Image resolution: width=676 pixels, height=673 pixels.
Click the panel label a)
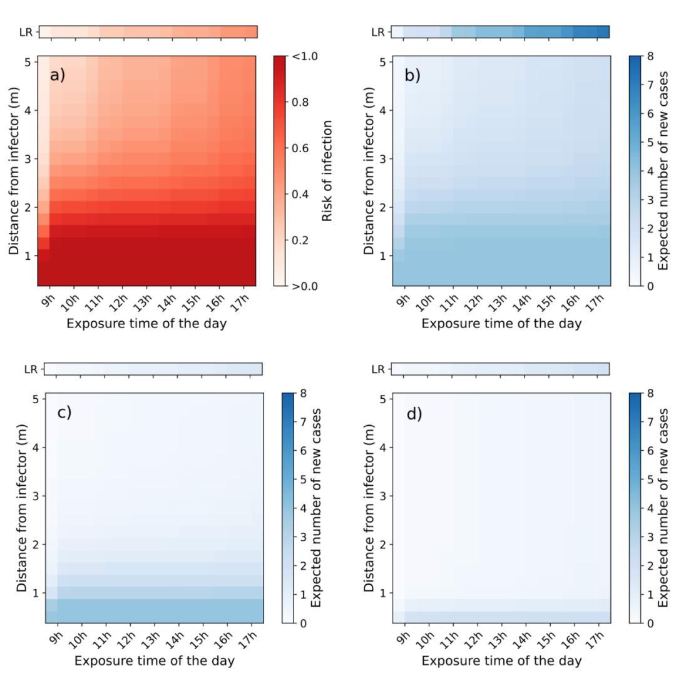click(x=58, y=76)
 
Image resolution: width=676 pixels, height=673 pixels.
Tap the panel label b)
click(x=412, y=76)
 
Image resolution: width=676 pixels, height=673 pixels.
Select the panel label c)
click(x=64, y=413)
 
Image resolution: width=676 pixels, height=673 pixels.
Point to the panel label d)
click(x=414, y=414)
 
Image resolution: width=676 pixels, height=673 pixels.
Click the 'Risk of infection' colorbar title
click(x=326, y=171)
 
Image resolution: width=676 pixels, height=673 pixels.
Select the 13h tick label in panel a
click(x=143, y=301)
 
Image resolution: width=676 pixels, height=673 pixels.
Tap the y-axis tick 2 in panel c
click(x=36, y=544)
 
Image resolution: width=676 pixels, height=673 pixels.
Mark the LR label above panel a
click(x=29, y=32)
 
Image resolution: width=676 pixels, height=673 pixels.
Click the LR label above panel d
click(x=377, y=369)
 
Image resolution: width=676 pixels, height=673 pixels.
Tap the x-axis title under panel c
click(x=155, y=660)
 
